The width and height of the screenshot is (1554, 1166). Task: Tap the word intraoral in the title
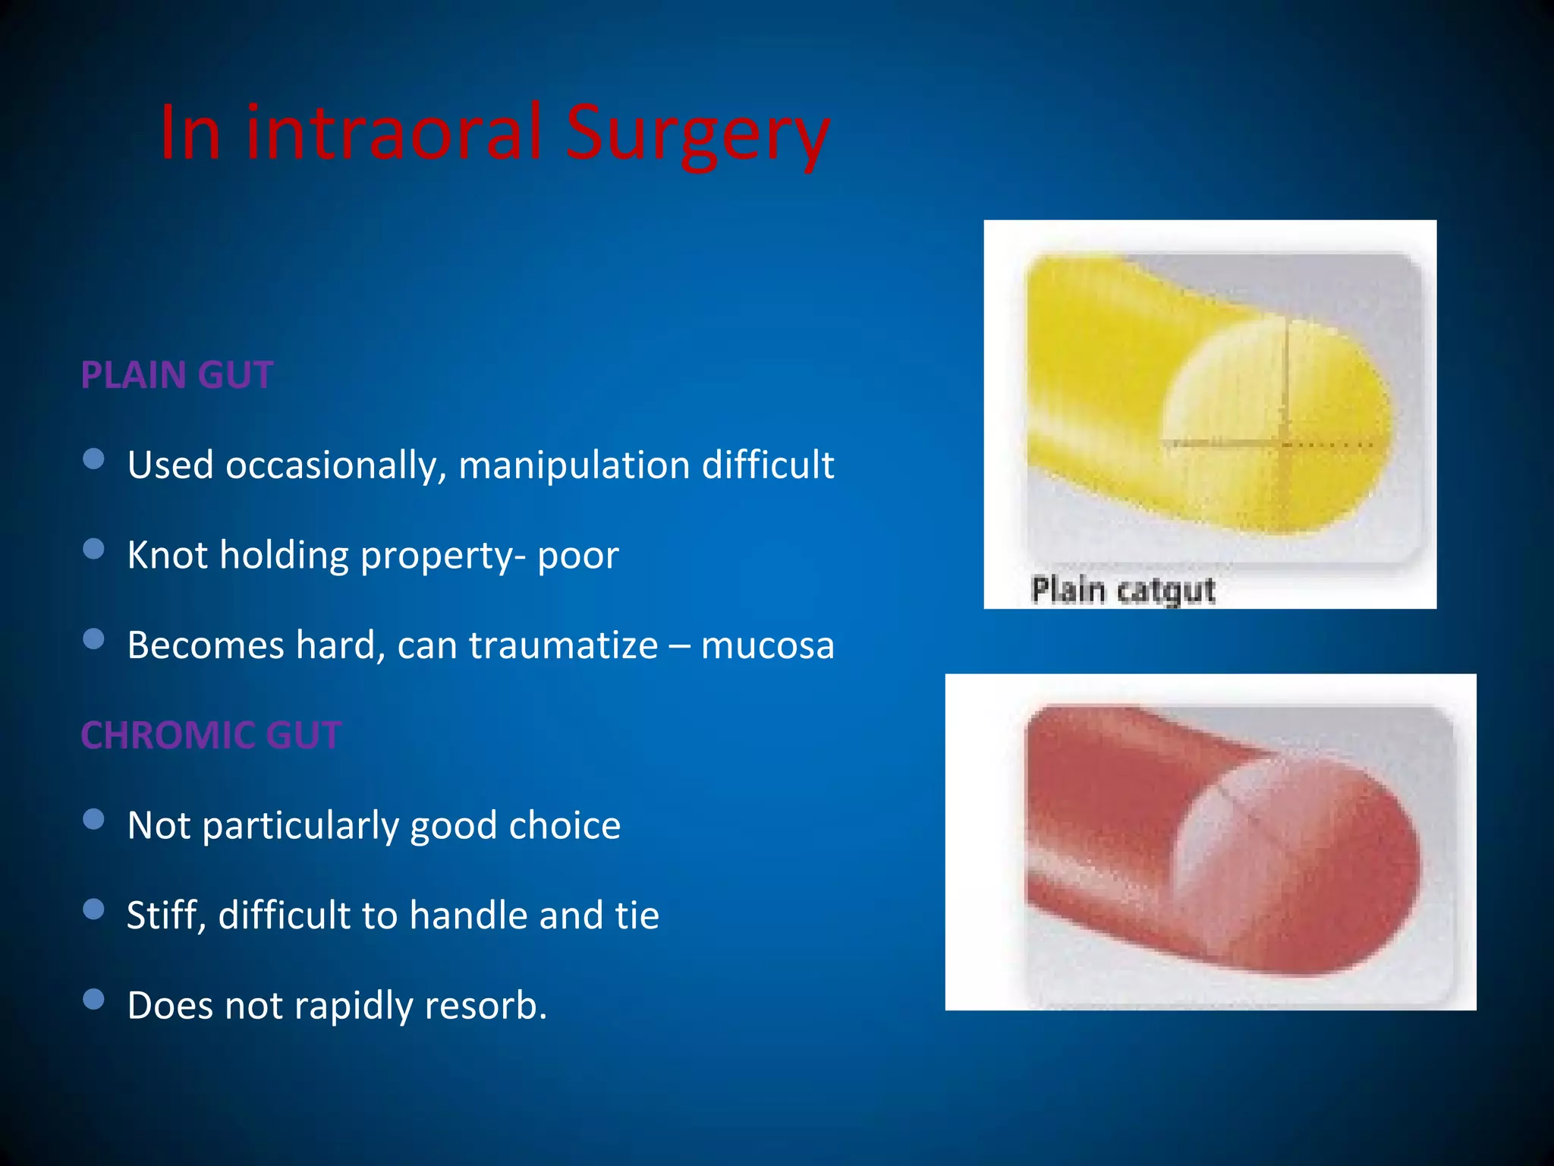pos(393,134)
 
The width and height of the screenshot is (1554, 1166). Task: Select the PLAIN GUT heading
pos(177,375)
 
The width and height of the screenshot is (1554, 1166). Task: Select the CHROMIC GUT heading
pos(211,735)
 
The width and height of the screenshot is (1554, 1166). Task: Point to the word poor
pos(578,556)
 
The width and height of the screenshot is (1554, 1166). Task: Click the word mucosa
pos(767,645)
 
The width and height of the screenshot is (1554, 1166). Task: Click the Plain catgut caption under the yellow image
pos(1123,590)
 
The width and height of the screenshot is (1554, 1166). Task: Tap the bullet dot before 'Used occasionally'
pos(93,459)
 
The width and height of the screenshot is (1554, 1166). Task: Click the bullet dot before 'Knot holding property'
pos(93,549)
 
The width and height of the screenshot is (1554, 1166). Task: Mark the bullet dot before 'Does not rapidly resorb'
pos(93,999)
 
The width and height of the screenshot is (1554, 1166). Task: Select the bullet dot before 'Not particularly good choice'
pos(93,819)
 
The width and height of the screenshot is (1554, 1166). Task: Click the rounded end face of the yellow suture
pos(1282,425)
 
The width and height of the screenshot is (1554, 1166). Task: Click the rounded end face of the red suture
pos(1305,865)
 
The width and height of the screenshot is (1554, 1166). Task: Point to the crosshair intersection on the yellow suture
pos(1285,443)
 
